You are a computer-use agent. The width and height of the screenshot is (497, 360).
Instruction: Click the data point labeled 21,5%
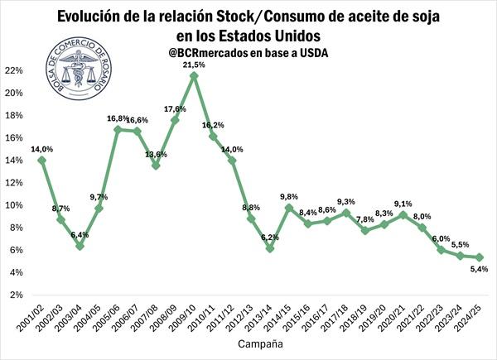click(194, 76)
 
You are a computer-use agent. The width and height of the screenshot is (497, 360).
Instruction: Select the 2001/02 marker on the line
click(41, 160)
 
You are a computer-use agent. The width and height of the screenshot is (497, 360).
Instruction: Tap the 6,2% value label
click(270, 238)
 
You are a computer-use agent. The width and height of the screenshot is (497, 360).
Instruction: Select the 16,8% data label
click(117, 118)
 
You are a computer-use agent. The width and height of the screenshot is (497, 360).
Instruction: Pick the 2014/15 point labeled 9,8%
click(289, 207)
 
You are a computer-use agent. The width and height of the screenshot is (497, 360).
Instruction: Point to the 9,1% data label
click(403, 204)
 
